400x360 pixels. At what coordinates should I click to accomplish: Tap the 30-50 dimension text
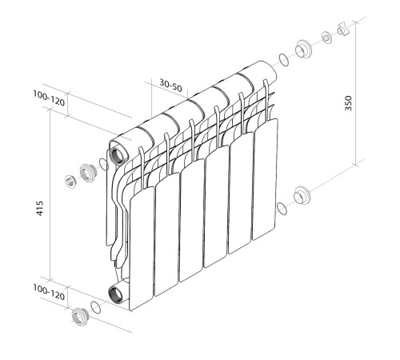tap(169, 84)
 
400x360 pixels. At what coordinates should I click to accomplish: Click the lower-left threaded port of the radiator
tap(118, 292)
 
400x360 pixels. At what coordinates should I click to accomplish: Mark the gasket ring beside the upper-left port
tap(102, 166)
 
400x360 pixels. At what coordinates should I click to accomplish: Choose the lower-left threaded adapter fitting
tap(78, 317)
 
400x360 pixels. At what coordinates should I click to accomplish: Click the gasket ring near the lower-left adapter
tap(96, 308)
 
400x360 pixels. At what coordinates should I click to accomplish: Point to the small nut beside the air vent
tap(326, 38)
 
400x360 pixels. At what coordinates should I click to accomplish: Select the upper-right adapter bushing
tap(304, 48)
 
